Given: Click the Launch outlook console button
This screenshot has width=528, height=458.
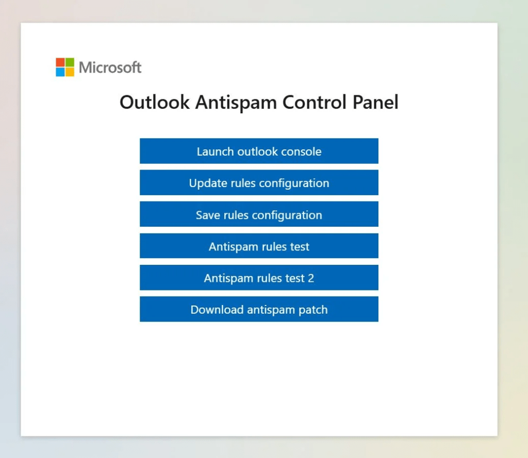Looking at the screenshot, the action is (x=259, y=151).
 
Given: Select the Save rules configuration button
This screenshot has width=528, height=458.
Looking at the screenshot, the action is (x=259, y=214).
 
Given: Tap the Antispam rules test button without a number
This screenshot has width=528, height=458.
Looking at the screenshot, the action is (x=259, y=246).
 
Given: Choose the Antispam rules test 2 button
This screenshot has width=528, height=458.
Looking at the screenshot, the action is (x=259, y=278).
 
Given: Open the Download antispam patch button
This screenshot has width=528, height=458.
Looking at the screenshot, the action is (x=259, y=309).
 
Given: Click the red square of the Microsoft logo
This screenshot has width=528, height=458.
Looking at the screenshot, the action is (x=60, y=62).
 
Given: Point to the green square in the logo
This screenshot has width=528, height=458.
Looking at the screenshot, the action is (x=70, y=62).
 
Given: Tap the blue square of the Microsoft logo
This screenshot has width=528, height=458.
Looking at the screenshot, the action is (x=60, y=72).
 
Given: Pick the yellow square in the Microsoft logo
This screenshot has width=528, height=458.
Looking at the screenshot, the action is (x=70, y=72).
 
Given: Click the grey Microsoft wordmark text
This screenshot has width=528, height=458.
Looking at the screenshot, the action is (x=110, y=67).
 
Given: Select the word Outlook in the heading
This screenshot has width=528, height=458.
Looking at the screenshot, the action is (x=155, y=102).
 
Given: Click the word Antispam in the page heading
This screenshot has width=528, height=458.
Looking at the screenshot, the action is (x=236, y=103).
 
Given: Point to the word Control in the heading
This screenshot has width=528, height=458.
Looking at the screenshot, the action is (x=315, y=102).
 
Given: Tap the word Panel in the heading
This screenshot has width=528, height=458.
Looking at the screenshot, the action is (x=375, y=102).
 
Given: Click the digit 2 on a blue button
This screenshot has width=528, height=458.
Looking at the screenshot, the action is (x=311, y=278).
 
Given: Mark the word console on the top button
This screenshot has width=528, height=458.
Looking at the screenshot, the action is (x=301, y=152).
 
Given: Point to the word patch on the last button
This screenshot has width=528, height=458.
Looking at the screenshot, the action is (x=313, y=310).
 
